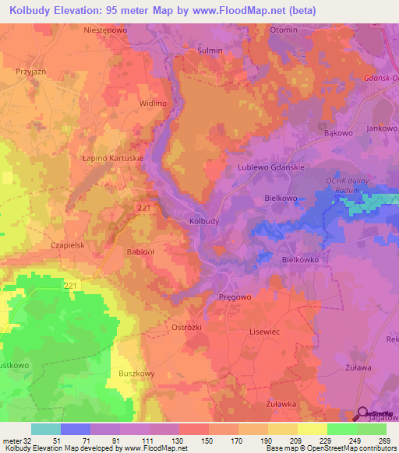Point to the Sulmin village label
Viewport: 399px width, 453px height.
click(x=210, y=51)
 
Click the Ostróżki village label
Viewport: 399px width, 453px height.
click(x=186, y=328)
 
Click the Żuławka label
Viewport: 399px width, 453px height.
click(x=281, y=403)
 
